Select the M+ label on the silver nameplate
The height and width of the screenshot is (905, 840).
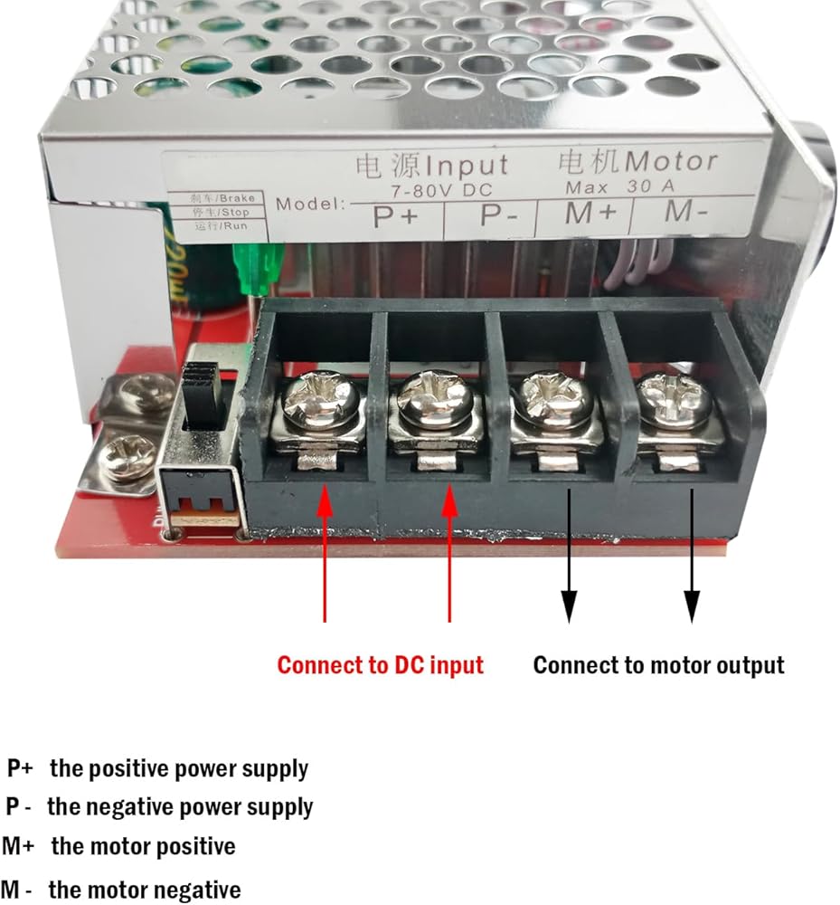point(591,214)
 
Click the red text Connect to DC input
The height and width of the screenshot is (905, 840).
point(381,665)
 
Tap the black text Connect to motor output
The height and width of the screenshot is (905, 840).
point(658,665)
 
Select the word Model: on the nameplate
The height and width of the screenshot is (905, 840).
point(310,203)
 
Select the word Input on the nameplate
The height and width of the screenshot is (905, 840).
point(467,167)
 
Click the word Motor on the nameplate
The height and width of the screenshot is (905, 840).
point(672,161)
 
